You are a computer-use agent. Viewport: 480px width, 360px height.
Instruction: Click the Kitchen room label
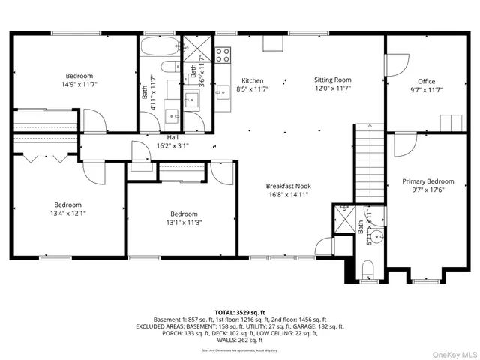pos(252,80)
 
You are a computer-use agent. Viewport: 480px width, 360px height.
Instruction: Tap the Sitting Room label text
pos(332,80)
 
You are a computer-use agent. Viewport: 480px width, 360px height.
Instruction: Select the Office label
pos(427,82)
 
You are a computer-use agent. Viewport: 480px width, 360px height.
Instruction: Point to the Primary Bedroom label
pos(427,181)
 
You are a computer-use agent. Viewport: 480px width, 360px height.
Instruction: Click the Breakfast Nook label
pos(288,186)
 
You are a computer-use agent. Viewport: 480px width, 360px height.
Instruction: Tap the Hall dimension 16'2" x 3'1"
pos(172,145)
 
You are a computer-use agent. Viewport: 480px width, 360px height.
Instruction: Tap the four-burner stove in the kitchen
pos(223,54)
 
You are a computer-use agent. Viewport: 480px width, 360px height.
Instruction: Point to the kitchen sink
pos(222,92)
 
